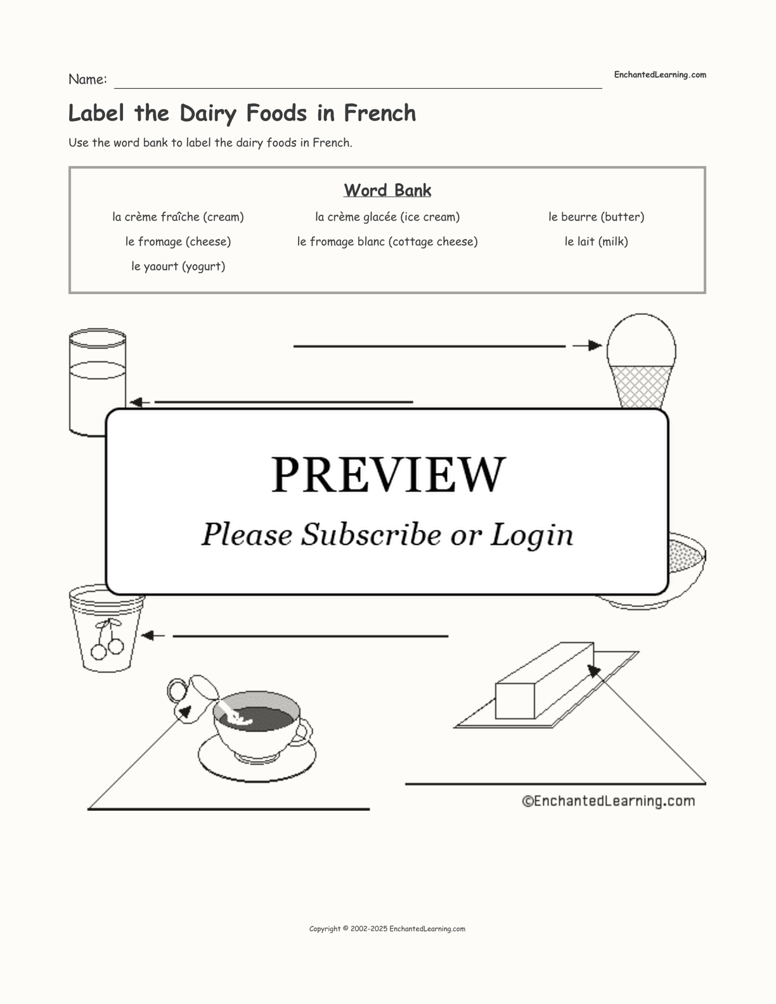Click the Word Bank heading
pos(387,190)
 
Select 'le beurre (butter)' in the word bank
pos(596,217)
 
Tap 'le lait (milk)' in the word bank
pos(596,241)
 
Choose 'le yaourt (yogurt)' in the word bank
pos(178,266)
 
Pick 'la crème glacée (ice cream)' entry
pos(387,217)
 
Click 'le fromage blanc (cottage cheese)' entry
pos(387,241)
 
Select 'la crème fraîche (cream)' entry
pos(178,217)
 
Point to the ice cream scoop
pos(642,341)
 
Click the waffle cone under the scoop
pos(640,387)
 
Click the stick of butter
pos(545,680)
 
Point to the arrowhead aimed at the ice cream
pos(595,345)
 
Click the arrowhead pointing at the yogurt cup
pos(148,636)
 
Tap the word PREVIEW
pos(388,475)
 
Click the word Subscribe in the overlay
pos(371,534)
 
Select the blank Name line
pos(358,87)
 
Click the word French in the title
pos(380,113)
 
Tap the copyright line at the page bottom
pos(387,929)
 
